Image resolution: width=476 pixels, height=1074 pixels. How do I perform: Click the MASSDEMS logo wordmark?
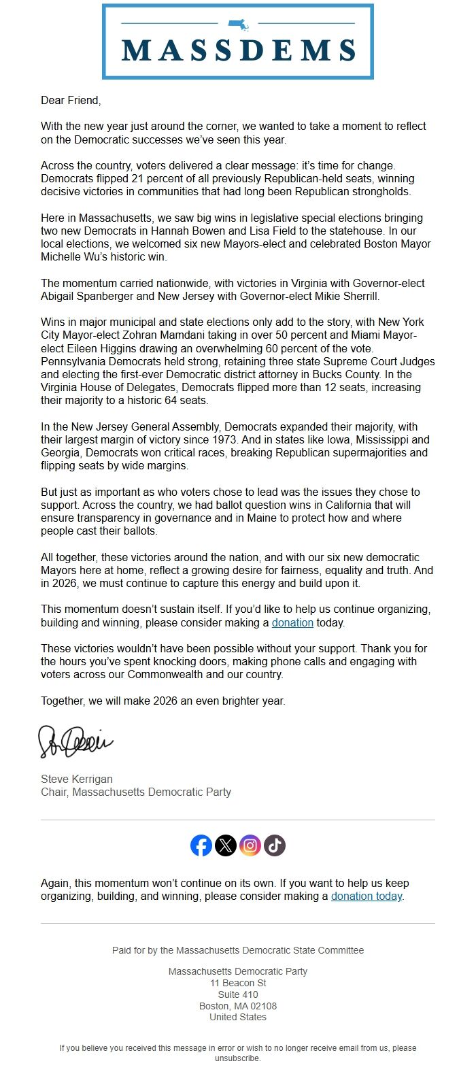pyautogui.click(x=238, y=50)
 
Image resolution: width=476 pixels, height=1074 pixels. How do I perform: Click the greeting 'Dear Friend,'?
pyautogui.click(x=70, y=100)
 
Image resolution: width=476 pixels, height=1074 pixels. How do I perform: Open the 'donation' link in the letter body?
pyautogui.click(x=292, y=622)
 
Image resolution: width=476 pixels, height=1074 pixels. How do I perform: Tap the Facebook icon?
pyautogui.click(x=201, y=845)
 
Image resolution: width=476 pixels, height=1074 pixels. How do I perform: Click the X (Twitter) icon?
pyautogui.click(x=226, y=845)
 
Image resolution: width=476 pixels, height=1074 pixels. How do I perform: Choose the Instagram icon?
pyautogui.click(x=250, y=845)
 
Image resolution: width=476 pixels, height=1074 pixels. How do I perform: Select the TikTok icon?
pyautogui.click(x=275, y=845)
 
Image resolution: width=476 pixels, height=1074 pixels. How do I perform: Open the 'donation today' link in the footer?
pyautogui.click(x=367, y=896)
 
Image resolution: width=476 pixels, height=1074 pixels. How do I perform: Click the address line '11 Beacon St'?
pyautogui.click(x=238, y=983)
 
